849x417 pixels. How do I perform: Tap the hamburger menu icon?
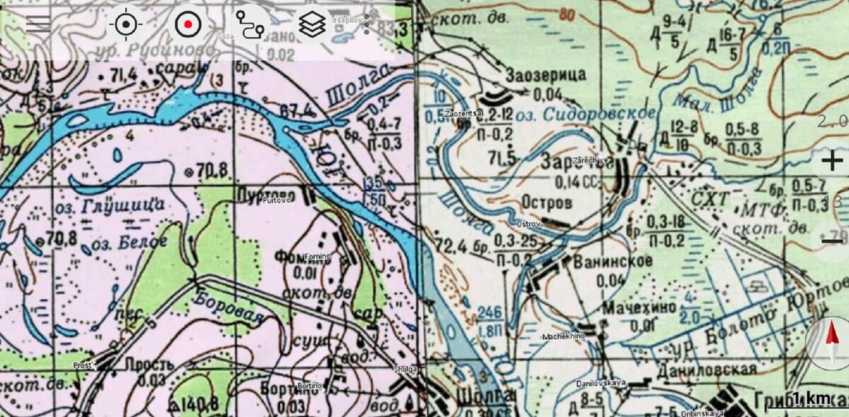(x=38, y=24)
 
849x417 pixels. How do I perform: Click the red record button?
(x=187, y=24)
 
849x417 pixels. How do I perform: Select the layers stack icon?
(x=312, y=24)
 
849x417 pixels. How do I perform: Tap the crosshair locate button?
(x=125, y=24)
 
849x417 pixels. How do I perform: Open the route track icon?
(x=250, y=24)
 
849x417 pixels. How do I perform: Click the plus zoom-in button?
(x=832, y=161)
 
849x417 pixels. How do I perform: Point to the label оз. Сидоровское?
(x=584, y=114)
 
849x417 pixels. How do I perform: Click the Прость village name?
(x=149, y=365)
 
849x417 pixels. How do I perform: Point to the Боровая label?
(x=229, y=307)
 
